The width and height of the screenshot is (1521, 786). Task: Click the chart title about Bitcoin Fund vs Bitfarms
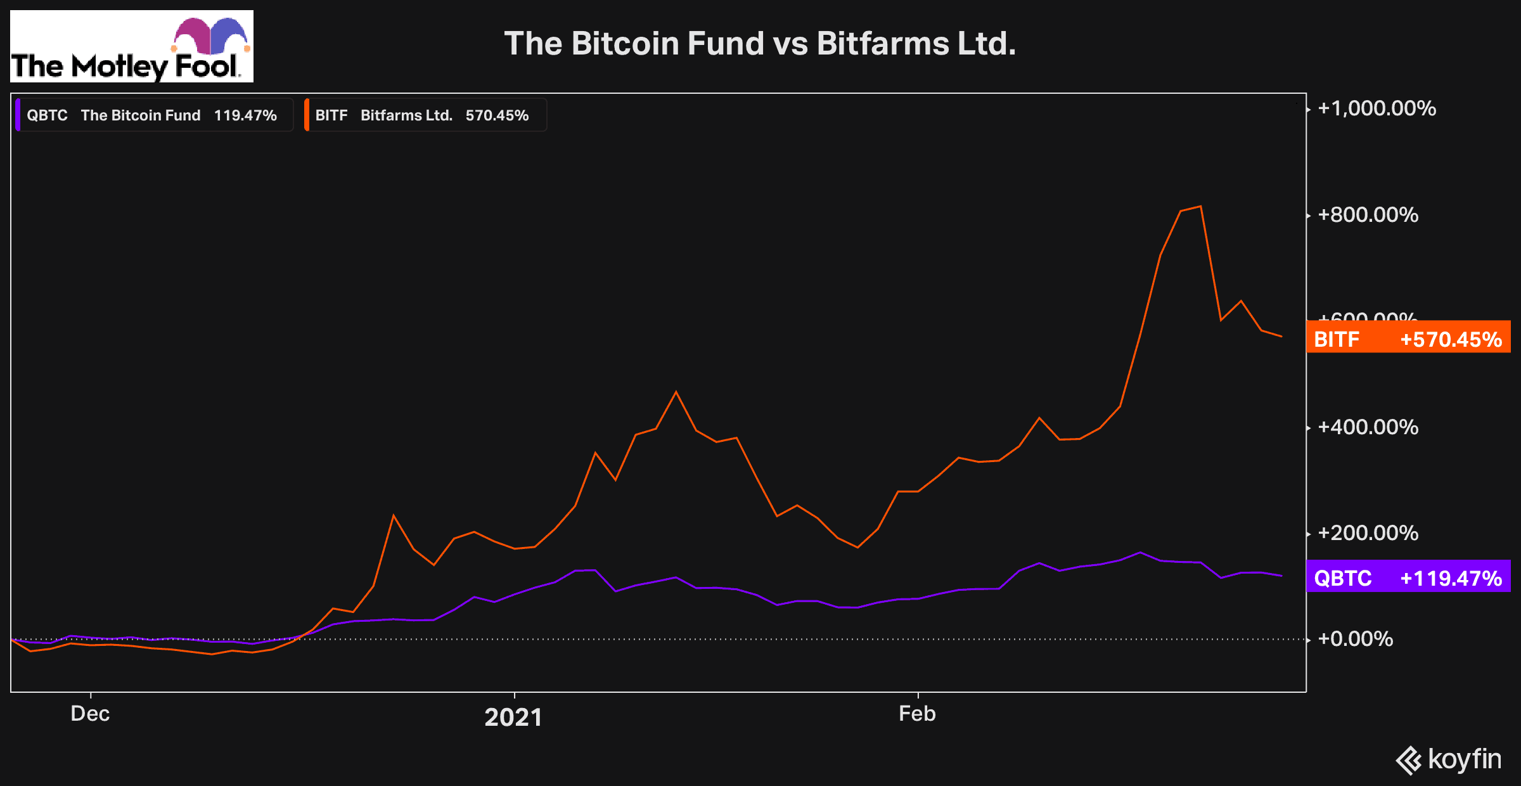pyautogui.click(x=760, y=44)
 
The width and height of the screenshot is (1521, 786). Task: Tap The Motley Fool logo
pyautogui.click(x=131, y=47)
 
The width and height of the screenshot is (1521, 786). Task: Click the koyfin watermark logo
pyautogui.click(x=1449, y=759)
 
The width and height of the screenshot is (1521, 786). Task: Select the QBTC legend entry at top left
pyautogui.click(x=152, y=115)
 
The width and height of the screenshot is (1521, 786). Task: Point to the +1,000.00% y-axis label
pyautogui.click(x=1377, y=108)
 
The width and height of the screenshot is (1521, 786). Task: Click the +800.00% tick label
pyautogui.click(x=1368, y=215)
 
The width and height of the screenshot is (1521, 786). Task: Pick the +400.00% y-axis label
pyautogui.click(x=1368, y=427)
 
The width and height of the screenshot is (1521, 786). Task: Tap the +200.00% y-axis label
pyautogui.click(x=1368, y=533)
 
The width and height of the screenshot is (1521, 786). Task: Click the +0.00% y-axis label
pyautogui.click(x=1355, y=639)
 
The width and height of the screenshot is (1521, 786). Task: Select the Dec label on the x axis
pyautogui.click(x=90, y=714)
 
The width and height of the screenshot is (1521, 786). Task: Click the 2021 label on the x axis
pyautogui.click(x=513, y=717)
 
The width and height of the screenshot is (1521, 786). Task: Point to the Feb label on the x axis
pyautogui.click(x=917, y=714)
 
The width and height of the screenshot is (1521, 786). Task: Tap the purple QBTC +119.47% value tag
pyautogui.click(x=1408, y=577)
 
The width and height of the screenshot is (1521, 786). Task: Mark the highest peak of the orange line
pyautogui.click(x=1200, y=207)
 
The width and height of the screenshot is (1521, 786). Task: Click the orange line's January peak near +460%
pyautogui.click(x=676, y=392)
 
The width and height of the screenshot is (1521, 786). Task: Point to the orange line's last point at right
pyautogui.click(x=1281, y=336)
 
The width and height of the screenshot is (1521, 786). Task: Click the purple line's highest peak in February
pyautogui.click(x=1140, y=553)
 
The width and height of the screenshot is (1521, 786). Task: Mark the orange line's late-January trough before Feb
pyautogui.click(x=857, y=547)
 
